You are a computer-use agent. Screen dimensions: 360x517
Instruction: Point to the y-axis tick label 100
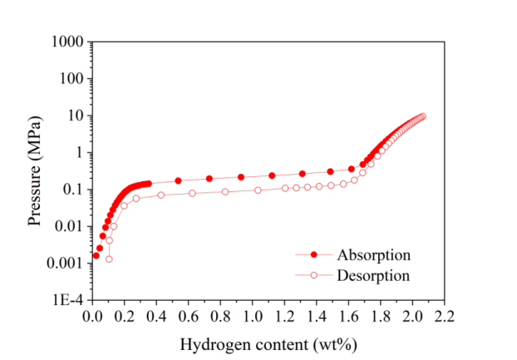[71, 79]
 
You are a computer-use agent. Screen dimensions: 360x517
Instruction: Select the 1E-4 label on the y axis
[67, 300]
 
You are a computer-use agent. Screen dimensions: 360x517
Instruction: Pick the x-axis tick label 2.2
[445, 317]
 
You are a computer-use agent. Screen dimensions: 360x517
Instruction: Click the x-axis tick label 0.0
[91, 317]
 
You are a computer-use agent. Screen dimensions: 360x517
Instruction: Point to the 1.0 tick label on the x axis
[252, 317]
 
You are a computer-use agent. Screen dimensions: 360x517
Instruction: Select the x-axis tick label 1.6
[348, 317]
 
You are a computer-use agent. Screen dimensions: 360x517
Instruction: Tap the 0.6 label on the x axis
[188, 317]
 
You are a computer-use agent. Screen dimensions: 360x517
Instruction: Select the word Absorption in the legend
[373, 254]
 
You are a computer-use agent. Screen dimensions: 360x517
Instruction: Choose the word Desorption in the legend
[373, 274]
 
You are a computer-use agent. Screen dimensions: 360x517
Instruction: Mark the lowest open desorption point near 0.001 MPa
[109, 259]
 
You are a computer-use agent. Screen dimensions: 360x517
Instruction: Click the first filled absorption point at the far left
[96, 255]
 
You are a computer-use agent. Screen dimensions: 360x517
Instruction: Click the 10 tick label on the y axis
[76, 116]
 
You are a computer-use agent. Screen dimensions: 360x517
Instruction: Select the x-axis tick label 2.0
[412, 317]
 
